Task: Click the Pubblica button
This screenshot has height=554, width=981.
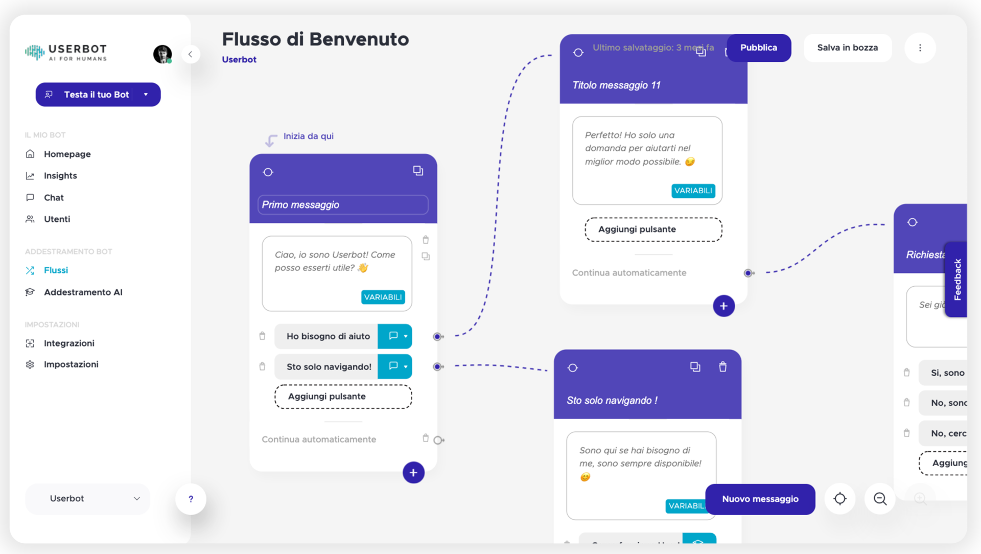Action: pyautogui.click(x=759, y=48)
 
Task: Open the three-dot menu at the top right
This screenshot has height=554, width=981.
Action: pyautogui.click(x=920, y=48)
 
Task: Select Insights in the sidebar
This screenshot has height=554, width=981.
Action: pyautogui.click(x=60, y=176)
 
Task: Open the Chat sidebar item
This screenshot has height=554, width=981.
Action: pyautogui.click(x=54, y=198)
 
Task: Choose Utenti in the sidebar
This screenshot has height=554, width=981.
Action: pyautogui.click(x=57, y=219)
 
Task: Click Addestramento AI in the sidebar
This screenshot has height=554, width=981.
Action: pyautogui.click(x=83, y=292)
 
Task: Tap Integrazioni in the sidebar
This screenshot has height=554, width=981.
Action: pyautogui.click(x=69, y=343)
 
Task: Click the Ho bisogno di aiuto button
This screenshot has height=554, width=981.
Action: pyautogui.click(x=328, y=336)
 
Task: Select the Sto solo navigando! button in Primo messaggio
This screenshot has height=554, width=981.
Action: pyautogui.click(x=329, y=367)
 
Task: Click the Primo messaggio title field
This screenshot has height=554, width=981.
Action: pyautogui.click(x=343, y=205)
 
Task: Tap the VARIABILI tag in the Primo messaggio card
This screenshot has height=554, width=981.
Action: pyautogui.click(x=383, y=297)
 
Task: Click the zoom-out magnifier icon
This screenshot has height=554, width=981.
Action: pyautogui.click(x=880, y=499)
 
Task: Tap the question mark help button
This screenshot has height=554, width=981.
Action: pyautogui.click(x=191, y=499)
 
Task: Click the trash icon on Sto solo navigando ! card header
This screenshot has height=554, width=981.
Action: pyautogui.click(x=722, y=367)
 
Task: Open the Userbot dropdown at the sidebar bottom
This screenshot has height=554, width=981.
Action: pyautogui.click(x=87, y=499)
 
